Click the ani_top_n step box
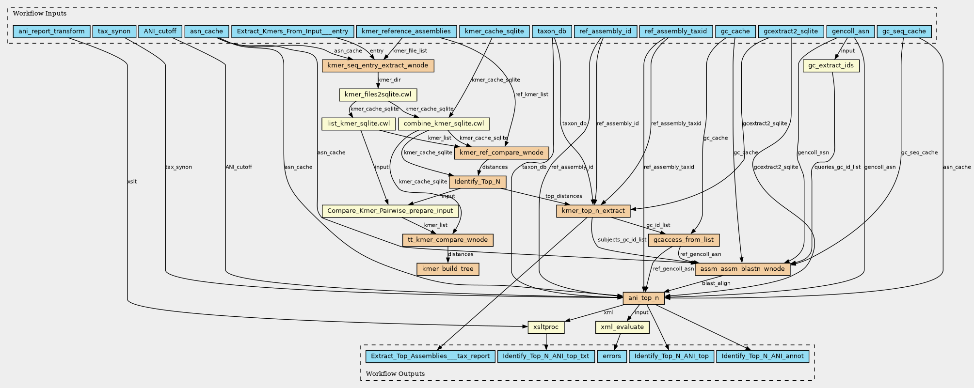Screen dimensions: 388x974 point(643,298)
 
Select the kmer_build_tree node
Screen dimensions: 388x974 point(447,269)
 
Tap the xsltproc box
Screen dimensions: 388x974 point(546,327)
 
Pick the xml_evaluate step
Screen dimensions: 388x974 point(622,327)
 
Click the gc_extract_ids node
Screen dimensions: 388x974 point(831,65)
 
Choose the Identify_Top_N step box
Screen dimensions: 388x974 point(478,182)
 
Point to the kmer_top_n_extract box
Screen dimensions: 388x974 point(593,211)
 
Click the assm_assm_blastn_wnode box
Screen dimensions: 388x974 point(742,269)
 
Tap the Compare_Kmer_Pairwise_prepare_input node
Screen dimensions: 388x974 point(390,211)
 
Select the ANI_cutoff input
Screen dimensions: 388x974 point(160,31)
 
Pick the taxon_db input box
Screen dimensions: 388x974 point(552,31)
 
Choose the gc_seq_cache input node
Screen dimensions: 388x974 point(904,31)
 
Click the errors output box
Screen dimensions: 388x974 point(612,356)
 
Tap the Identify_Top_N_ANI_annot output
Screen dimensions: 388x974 point(762,356)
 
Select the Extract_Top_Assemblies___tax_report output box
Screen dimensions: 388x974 point(430,356)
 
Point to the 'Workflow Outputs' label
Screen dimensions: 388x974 point(395,373)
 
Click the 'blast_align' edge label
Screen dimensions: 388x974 point(716,283)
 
